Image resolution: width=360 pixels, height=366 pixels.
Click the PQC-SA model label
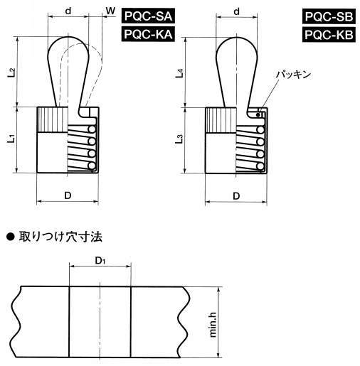tap(148, 16)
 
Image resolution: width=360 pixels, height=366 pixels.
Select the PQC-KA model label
tap(148, 34)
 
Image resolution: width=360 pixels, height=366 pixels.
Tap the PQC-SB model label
tap(329, 16)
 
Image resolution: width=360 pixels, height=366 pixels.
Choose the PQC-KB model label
tap(329, 35)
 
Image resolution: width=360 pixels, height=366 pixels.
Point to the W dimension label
tap(110, 11)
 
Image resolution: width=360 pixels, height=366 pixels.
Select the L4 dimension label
tap(180, 73)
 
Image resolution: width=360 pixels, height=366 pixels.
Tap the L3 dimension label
tap(180, 139)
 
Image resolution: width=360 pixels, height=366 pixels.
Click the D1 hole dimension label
tap(100, 261)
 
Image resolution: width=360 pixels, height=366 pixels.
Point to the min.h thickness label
tap(213, 325)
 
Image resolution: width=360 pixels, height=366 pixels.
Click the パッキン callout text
tap(293, 75)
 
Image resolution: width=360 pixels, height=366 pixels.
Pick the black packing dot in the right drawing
tap(258, 115)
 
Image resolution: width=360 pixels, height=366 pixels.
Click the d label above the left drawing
tap(68, 11)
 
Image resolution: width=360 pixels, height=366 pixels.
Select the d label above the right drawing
tap(236, 11)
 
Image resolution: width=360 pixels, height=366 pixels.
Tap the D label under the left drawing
tap(68, 195)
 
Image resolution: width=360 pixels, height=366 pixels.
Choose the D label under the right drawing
tap(236, 196)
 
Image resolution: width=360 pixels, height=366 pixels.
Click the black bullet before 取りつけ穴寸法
tap(11, 237)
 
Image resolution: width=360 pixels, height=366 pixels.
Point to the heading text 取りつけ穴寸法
tap(60, 237)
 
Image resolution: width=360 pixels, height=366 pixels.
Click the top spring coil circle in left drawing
tap(92, 129)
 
